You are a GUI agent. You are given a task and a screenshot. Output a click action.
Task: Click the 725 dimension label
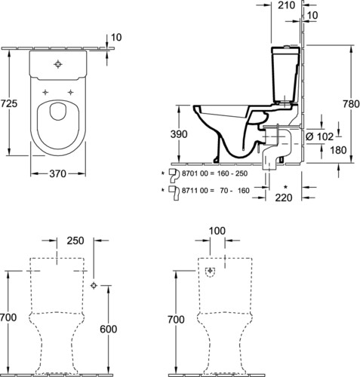[8, 103]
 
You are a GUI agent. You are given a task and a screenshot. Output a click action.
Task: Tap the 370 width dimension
[57, 173]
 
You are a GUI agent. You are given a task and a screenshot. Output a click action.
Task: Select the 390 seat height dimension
[179, 134]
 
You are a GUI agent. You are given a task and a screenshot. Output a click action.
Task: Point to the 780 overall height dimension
[351, 104]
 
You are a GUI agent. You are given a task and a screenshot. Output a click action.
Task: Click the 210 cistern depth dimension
[286, 5]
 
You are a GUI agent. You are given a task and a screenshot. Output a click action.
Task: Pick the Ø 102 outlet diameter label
[320, 136]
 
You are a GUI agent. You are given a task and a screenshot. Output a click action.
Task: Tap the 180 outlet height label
[338, 150]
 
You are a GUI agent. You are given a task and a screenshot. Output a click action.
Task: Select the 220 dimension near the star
[284, 198]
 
